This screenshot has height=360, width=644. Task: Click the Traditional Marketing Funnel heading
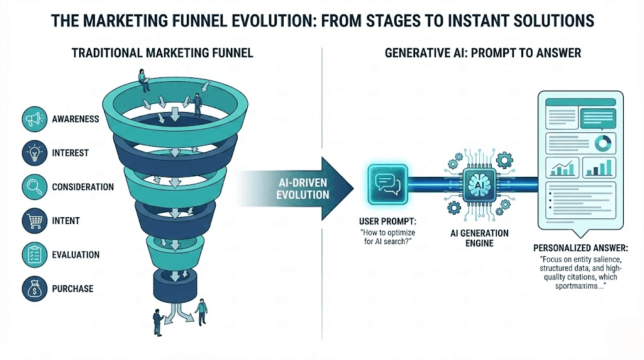(162, 53)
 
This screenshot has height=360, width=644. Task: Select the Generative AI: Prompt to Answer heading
(482, 53)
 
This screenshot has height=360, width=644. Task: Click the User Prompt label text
(384, 221)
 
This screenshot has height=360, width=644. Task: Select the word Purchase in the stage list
(72, 289)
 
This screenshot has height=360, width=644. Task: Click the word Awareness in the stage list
(75, 119)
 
